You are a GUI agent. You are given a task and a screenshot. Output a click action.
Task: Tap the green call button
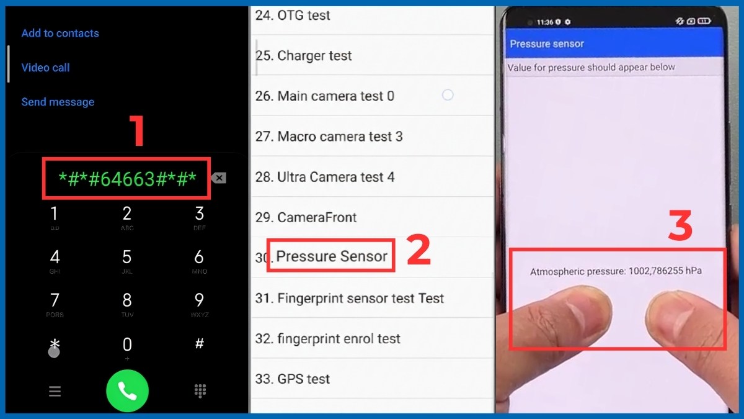[x=127, y=390]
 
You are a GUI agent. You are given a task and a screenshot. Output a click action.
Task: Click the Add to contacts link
[x=60, y=34]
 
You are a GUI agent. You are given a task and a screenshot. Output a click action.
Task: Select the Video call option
[x=45, y=68]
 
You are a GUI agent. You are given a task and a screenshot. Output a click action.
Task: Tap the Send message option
[x=58, y=102]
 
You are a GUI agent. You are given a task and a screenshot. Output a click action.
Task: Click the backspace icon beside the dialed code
[x=218, y=178]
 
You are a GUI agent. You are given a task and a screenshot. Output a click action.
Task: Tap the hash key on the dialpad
[x=200, y=344]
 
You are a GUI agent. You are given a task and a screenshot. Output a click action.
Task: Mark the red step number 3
[x=680, y=225]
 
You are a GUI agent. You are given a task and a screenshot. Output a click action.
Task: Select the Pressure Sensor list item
[x=332, y=256]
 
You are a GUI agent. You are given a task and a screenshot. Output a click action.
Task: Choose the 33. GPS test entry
[x=293, y=379]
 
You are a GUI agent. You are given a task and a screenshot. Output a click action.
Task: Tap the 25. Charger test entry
[x=304, y=56]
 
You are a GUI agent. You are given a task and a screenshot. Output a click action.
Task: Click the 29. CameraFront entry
[x=306, y=217]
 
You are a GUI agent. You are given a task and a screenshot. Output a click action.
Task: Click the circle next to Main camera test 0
[x=448, y=95]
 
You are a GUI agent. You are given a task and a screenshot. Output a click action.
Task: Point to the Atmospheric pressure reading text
[x=616, y=271]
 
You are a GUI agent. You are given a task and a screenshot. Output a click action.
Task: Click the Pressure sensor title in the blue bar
[x=547, y=44]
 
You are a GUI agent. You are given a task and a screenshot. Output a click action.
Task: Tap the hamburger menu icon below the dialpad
[x=55, y=391]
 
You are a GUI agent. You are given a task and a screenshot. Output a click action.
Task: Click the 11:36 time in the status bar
[x=545, y=22]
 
